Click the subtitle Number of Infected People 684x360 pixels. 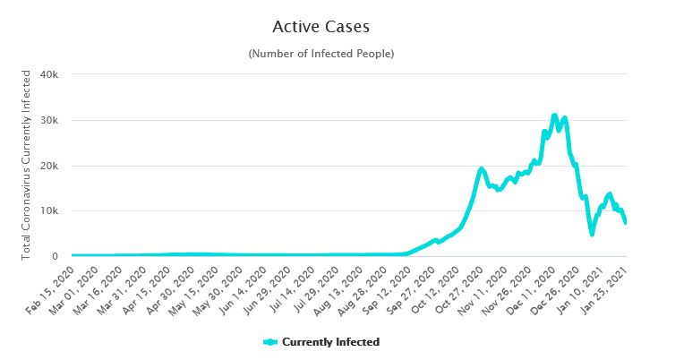(x=321, y=54)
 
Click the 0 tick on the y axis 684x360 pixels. (x=55, y=257)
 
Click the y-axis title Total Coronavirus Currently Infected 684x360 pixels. (x=27, y=166)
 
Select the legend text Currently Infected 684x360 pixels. (x=330, y=342)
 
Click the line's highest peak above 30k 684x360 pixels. (x=555, y=116)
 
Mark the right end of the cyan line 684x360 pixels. (x=626, y=223)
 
